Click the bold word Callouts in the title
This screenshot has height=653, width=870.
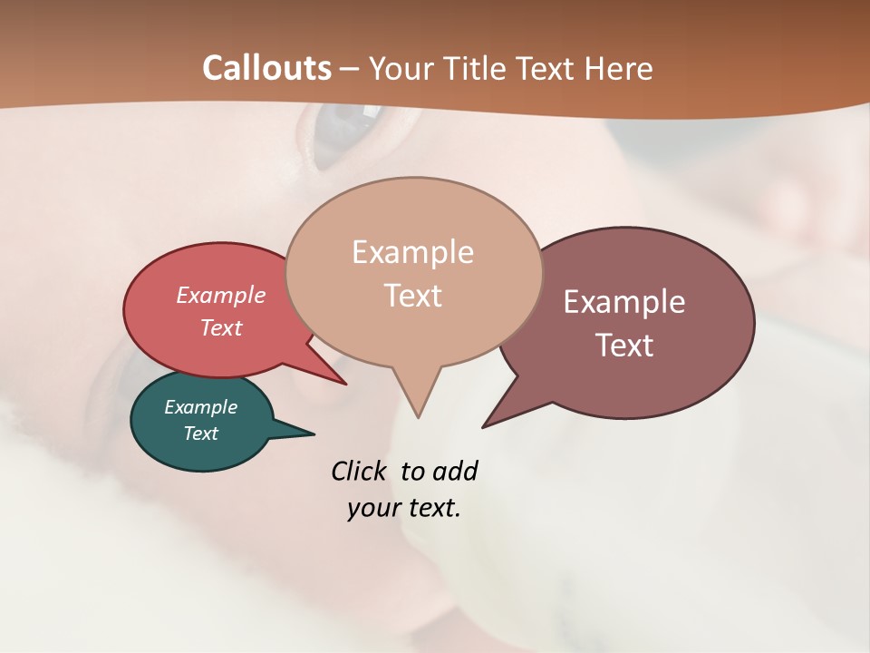(x=266, y=68)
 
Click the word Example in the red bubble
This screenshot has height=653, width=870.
(x=221, y=295)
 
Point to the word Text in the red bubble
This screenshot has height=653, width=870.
(x=221, y=327)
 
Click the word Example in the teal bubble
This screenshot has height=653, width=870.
(x=201, y=407)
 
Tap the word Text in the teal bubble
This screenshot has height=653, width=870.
(x=201, y=434)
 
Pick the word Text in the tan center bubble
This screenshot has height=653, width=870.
(x=413, y=295)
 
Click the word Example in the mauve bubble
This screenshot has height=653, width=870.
(x=624, y=301)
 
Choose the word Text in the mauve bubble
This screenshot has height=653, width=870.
(x=624, y=345)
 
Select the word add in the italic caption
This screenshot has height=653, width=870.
(x=455, y=472)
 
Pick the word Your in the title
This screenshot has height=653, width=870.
(x=400, y=68)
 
